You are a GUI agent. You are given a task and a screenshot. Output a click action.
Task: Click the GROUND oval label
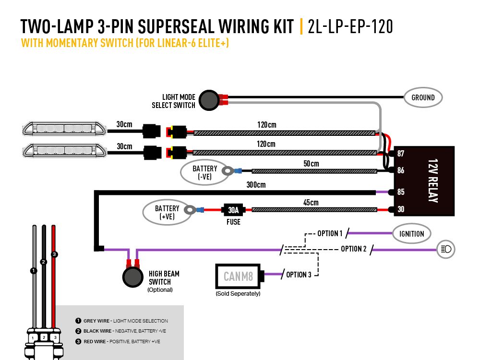pos(423,97)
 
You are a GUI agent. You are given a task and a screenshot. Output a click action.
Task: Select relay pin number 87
pos(401,154)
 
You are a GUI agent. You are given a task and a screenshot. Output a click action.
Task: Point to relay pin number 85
pos(401,192)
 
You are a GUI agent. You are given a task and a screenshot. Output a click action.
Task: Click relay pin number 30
pos(401,209)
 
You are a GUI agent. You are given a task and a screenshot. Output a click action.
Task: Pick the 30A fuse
pos(234,210)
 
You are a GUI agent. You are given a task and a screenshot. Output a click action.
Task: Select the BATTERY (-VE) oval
pos(204,172)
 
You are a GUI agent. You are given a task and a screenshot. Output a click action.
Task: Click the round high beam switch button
pos(133,277)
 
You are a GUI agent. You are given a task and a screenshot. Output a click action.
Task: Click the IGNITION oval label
pos(411,234)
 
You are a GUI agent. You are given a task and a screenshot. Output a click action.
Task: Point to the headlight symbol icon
pos(445,249)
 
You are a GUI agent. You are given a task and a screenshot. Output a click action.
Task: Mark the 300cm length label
pos(256,185)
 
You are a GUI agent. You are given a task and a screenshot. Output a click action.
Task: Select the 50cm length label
pos(311,164)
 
